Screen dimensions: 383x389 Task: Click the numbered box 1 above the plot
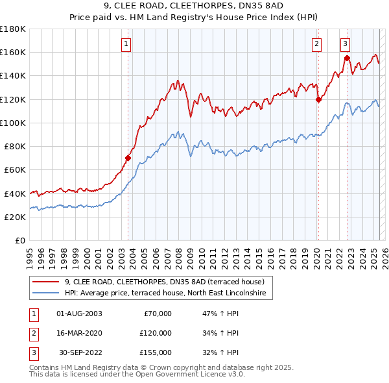coord(125,44)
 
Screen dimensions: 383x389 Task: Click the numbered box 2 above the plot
coord(316,44)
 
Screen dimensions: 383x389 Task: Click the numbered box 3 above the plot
coord(346,44)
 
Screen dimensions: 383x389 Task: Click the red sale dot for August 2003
coord(128,158)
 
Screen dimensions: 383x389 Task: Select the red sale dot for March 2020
coord(318,99)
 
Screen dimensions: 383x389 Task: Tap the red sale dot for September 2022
coord(347,58)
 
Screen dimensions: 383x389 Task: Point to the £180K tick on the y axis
coord(13,29)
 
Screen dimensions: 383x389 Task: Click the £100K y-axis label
coord(13,123)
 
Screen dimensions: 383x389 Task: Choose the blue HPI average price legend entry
coord(169,293)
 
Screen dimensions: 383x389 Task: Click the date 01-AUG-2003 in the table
coord(79,314)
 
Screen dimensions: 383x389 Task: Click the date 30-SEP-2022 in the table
coord(80,352)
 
